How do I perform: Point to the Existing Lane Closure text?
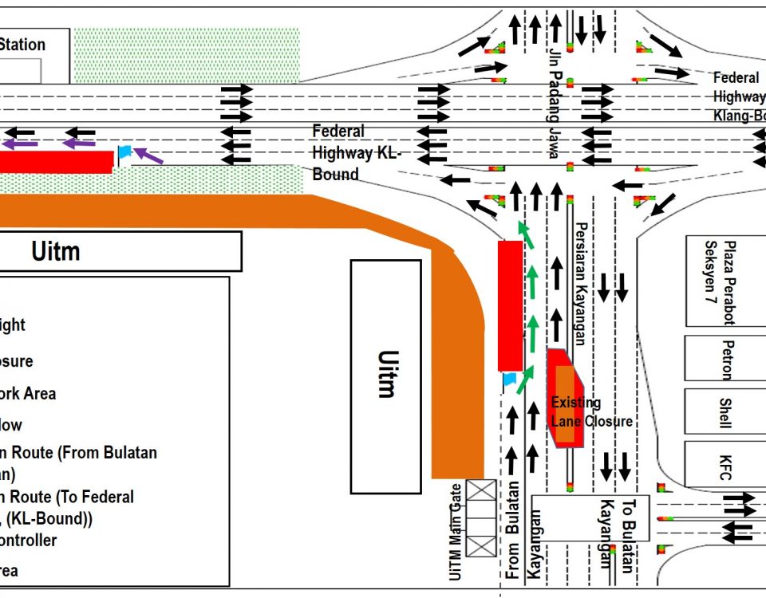tap(591, 412)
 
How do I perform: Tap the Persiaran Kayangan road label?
tap(581, 283)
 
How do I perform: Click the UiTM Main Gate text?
tap(456, 530)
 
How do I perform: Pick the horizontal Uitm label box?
tap(120, 251)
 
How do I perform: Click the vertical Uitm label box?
tap(385, 375)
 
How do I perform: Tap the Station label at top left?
tap(22, 45)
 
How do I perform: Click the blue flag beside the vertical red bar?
tap(510, 380)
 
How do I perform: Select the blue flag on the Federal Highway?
tap(124, 151)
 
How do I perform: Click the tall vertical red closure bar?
tap(510, 305)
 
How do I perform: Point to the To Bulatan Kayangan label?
tap(618, 536)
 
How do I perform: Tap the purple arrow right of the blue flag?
tap(148, 155)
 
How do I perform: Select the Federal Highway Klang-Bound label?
tap(738, 96)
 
